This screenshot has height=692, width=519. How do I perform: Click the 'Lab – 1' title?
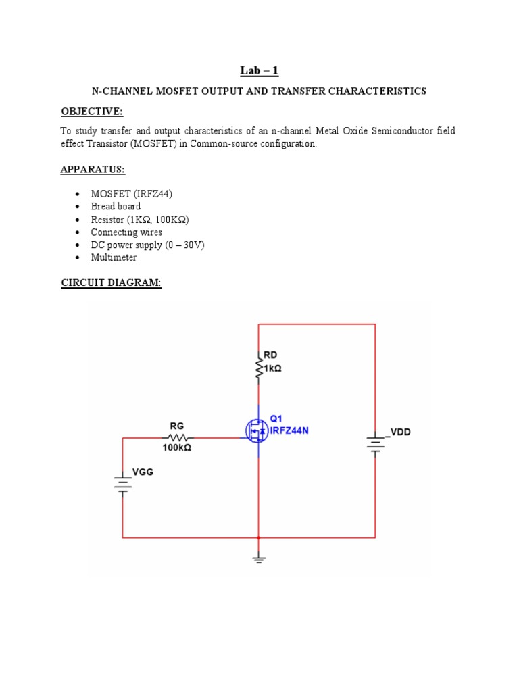click(259, 70)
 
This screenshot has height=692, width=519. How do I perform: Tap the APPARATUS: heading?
click(93, 169)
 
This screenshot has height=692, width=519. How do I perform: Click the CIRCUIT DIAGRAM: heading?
click(112, 283)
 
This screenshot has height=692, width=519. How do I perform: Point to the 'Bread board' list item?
click(116, 206)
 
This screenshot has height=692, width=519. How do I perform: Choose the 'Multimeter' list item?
click(114, 257)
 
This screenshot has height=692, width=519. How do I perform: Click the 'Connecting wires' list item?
click(126, 232)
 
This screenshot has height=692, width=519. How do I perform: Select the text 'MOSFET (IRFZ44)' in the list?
click(132, 194)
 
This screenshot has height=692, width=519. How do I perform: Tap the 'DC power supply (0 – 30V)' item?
click(147, 245)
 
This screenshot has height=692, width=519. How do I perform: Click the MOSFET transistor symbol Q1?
click(257, 430)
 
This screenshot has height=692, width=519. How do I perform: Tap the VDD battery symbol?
click(375, 443)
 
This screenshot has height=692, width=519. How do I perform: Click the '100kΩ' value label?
click(176, 448)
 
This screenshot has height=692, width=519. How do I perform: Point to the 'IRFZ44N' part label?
click(289, 430)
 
